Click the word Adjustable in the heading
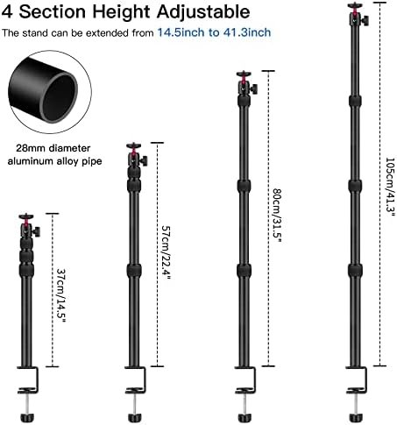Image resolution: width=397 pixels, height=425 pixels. pos(203,12)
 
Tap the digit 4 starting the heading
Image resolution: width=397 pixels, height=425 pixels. pos(7,11)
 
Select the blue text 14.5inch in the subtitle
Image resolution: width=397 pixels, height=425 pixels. pos(181,32)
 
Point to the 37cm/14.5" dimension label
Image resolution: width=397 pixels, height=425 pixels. pos(61,295)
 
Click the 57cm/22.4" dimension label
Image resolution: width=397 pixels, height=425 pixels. pos(166,251)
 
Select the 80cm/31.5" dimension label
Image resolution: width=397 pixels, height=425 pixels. pos(277,216)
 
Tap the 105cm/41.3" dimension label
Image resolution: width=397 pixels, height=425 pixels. pos(390,187)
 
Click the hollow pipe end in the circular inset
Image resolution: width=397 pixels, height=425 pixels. pos(60,97)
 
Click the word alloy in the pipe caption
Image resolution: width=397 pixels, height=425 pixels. pos(67,161)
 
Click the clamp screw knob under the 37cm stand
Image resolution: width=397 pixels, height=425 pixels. pos(27,417)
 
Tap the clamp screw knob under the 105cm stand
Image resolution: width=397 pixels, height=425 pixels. pos(356,417)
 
